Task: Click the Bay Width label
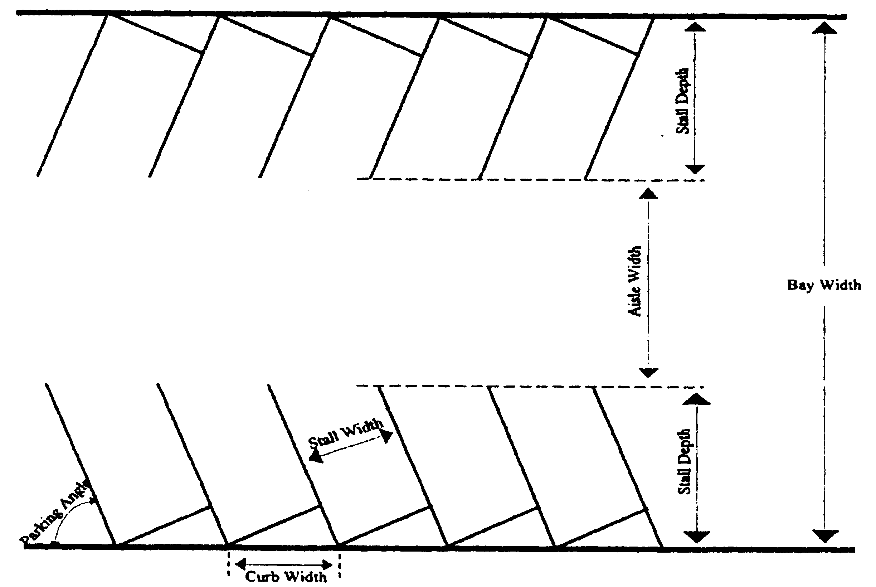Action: click(824, 285)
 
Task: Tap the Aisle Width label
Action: click(634, 281)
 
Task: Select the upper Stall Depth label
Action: click(682, 101)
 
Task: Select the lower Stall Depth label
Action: click(684, 462)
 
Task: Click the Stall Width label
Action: click(345, 433)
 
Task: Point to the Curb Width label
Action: click(286, 577)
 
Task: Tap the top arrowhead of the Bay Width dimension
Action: click(824, 28)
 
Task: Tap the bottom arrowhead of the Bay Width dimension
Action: click(825, 536)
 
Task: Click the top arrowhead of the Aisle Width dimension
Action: click(648, 194)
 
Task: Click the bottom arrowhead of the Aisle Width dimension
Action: click(648, 373)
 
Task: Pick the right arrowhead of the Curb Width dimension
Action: click(328, 564)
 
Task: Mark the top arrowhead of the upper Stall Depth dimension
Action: click(695, 27)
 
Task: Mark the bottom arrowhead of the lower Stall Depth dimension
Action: click(696, 537)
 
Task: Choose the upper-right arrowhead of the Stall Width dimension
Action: click(387, 436)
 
